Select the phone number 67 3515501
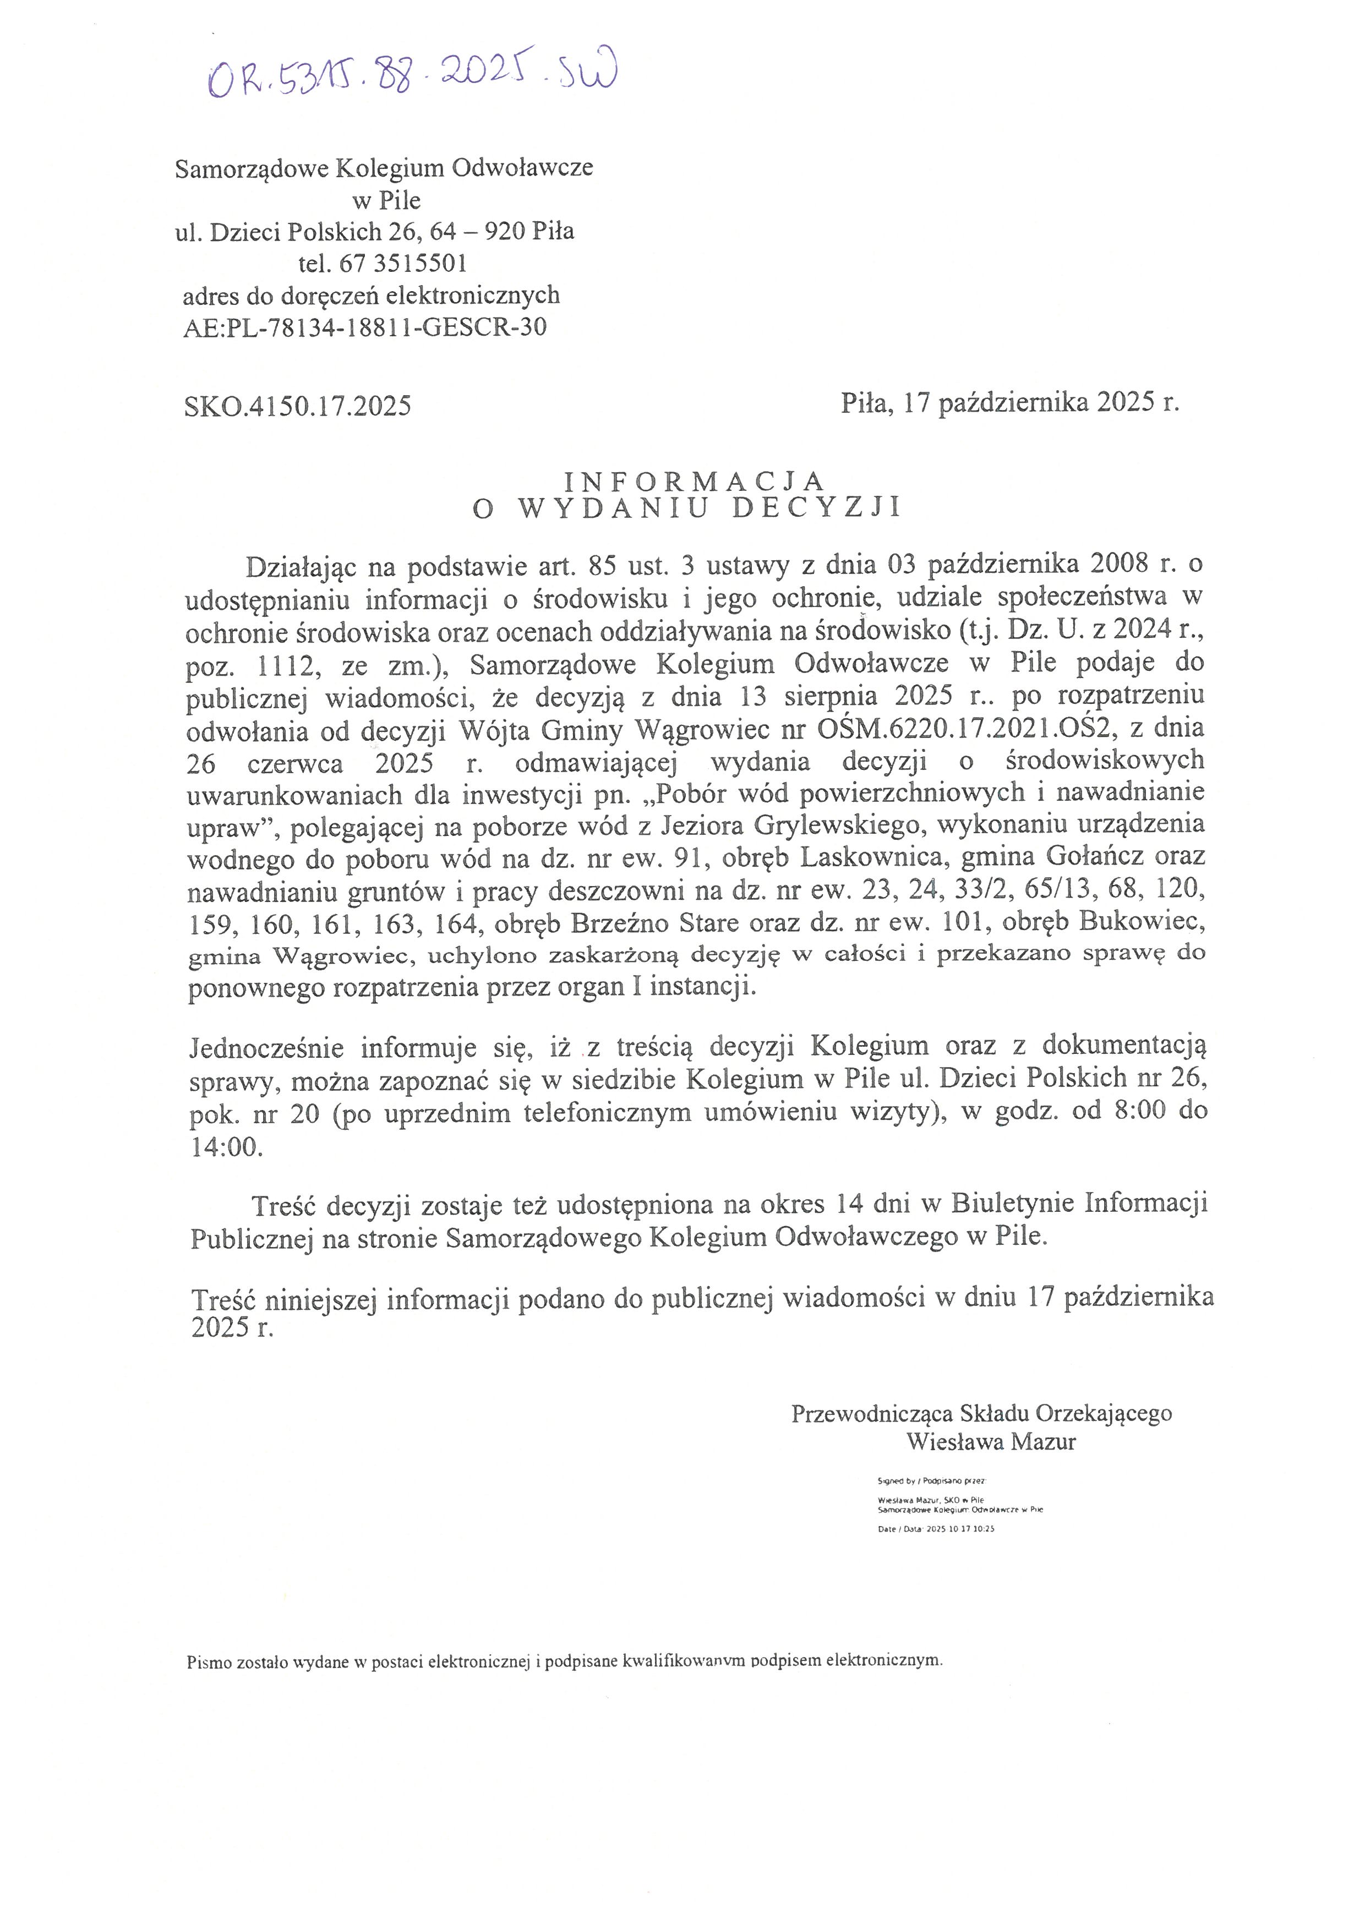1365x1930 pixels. click(x=402, y=264)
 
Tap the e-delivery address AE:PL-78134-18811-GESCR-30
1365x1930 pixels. click(x=365, y=327)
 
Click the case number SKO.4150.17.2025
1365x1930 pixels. click(x=298, y=407)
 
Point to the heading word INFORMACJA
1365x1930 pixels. click(x=694, y=481)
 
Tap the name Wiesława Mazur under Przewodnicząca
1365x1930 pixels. click(x=991, y=1442)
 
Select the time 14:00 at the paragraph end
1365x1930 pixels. click(x=227, y=1147)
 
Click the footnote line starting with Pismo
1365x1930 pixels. click(x=565, y=1661)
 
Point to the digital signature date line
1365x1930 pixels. click(x=936, y=1529)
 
